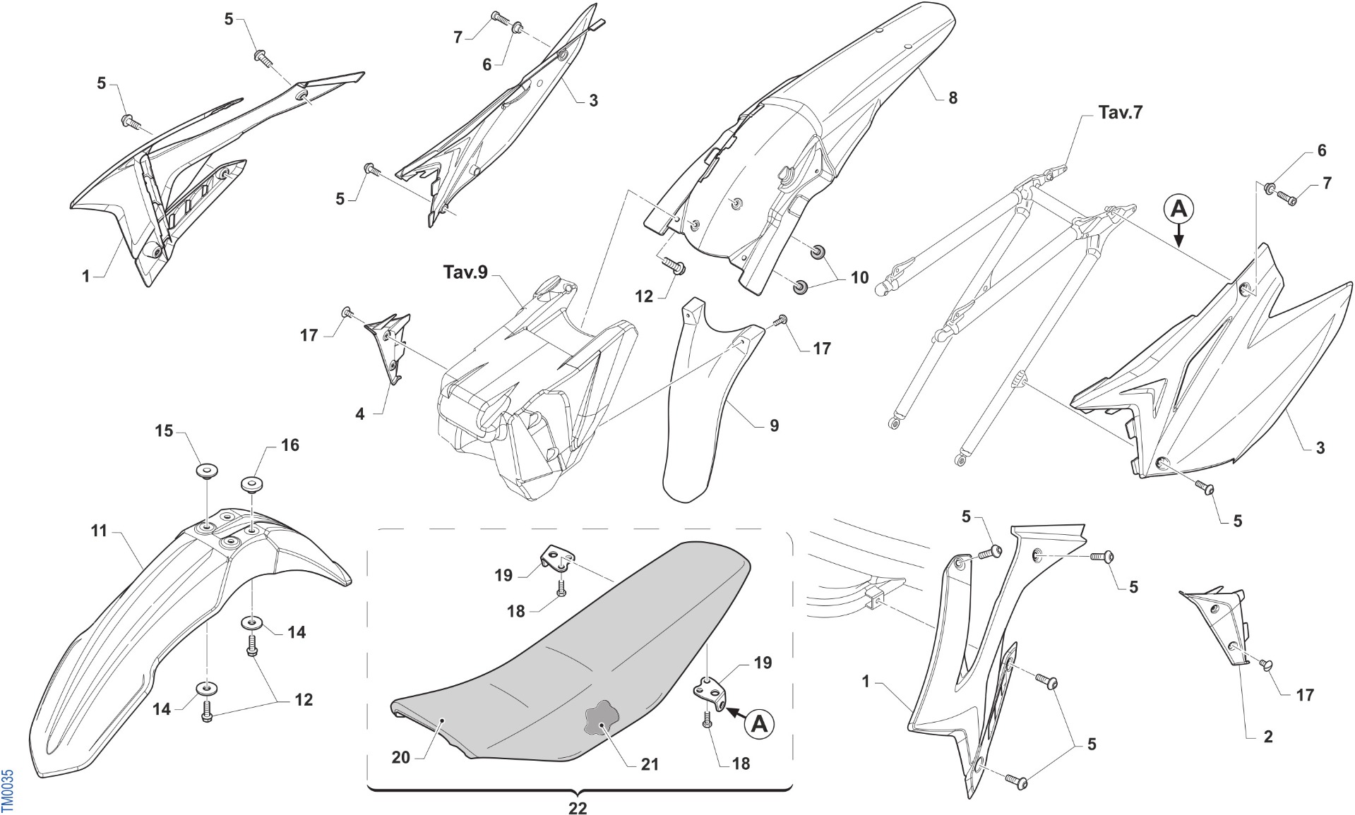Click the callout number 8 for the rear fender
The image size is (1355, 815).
(x=953, y=98)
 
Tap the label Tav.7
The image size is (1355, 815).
(x=1120, y=112)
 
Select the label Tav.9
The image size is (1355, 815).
(x=465, y=272)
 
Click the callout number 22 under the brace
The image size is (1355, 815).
(x=578, y=808)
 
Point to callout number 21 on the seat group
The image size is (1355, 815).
(x=650, y=764)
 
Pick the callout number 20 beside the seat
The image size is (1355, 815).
(x=400, y=757)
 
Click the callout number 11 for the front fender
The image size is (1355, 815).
(x=98, y=530)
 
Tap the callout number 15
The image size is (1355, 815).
(x=164, y=430)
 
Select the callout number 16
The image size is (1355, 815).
(x=289, y=445)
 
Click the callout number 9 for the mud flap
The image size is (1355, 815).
(x=774, y=425)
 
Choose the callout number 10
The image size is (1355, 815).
(x=859, y=277)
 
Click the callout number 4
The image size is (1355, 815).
(x=359, y=414)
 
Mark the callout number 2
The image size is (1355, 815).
(x=1267, y=737)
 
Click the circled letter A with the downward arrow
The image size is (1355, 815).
(x=1178, y=209)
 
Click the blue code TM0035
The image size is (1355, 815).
(x=7, y=790)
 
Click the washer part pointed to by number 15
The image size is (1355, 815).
(x=206, y=471)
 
